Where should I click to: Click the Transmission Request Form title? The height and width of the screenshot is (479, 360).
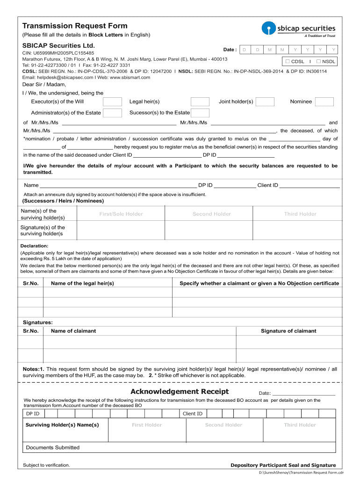(75, 26)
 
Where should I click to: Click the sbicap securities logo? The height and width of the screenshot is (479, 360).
(299, 29)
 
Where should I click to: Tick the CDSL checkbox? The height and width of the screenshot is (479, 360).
(288, 61)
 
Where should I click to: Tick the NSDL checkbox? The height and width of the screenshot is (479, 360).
(318, 61)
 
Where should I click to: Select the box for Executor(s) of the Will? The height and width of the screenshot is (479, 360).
(112, 102)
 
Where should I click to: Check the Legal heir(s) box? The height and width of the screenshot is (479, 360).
(200, 102)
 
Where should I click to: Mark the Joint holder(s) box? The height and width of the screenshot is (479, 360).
(265, 102)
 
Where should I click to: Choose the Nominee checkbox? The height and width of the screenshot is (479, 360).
(324, 102)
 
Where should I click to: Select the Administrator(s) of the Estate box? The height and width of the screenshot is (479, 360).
(112, 113)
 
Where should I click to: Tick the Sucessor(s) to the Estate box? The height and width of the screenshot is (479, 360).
(200, 113)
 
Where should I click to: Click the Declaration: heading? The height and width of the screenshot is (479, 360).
(35, 246)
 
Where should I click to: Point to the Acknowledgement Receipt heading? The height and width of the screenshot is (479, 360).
(180, 392)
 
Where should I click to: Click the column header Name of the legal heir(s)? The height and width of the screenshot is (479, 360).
(82, 283)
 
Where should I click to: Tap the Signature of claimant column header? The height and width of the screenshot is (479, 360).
(288, 331)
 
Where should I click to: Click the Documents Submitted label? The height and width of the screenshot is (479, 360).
(53, 448)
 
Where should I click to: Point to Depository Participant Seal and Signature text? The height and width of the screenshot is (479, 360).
(283, 465)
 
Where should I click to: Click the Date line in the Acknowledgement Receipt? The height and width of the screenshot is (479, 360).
(304, 393)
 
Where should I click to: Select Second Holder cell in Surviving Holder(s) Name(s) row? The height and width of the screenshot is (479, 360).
(223, 425)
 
